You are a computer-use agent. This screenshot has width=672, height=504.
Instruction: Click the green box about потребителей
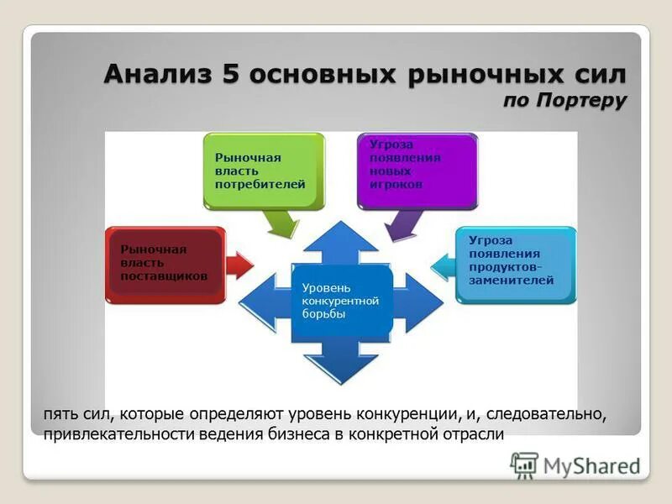[264, 171]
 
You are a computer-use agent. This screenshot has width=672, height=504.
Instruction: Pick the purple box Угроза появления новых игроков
[417, 171]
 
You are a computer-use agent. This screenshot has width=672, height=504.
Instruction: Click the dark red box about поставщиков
[165, 264]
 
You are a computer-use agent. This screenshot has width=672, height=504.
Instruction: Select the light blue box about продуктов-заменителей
[516, 264]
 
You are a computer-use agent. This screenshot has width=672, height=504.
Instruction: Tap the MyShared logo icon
[525, 465]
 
